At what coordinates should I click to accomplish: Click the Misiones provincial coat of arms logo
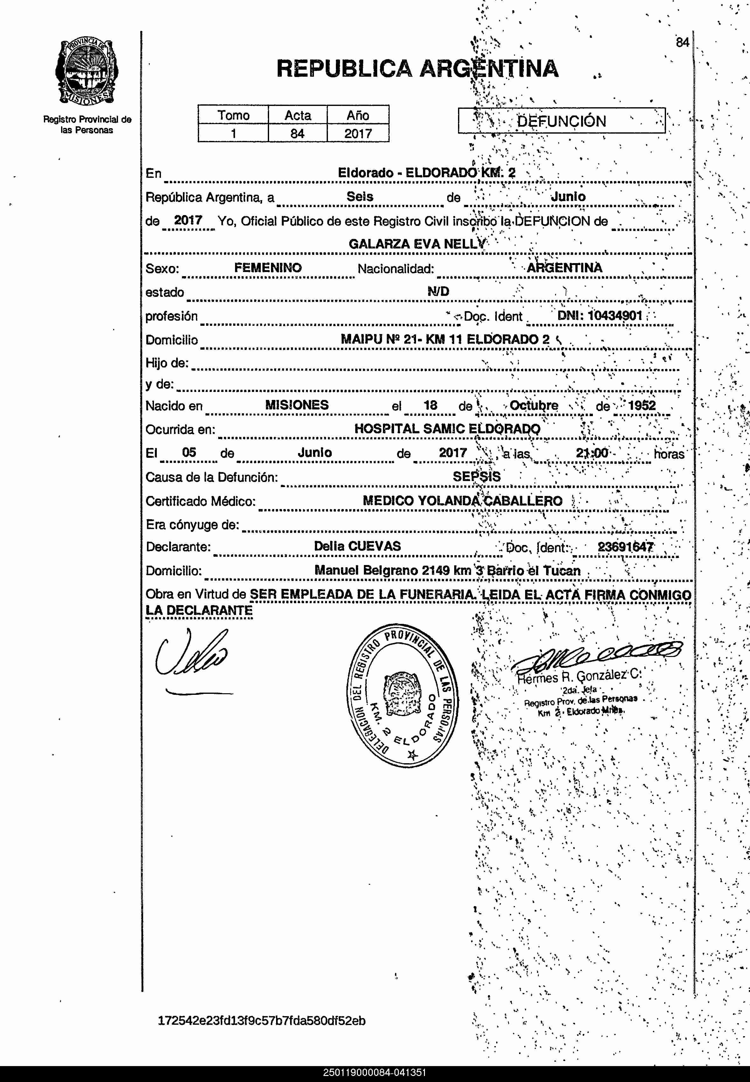click(87, 73)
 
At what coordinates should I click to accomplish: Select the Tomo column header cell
click(233, 115)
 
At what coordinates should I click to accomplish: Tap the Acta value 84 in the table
click(297, 134)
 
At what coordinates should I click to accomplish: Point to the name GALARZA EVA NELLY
click(417, 244)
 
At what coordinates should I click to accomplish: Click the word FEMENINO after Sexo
click(268, 268)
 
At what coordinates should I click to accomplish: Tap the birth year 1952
click(642, 405)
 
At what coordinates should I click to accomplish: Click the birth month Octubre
click(534, 405)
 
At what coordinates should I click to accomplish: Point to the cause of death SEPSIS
click(476, 476)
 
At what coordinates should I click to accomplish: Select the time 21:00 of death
click(592, 453)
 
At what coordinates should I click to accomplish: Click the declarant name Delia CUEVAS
click(357, 546)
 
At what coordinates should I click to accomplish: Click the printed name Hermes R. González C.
click(579, 676)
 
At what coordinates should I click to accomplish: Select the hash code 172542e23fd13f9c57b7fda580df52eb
click(262, 1021)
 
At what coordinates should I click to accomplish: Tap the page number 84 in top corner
click(682, 42)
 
